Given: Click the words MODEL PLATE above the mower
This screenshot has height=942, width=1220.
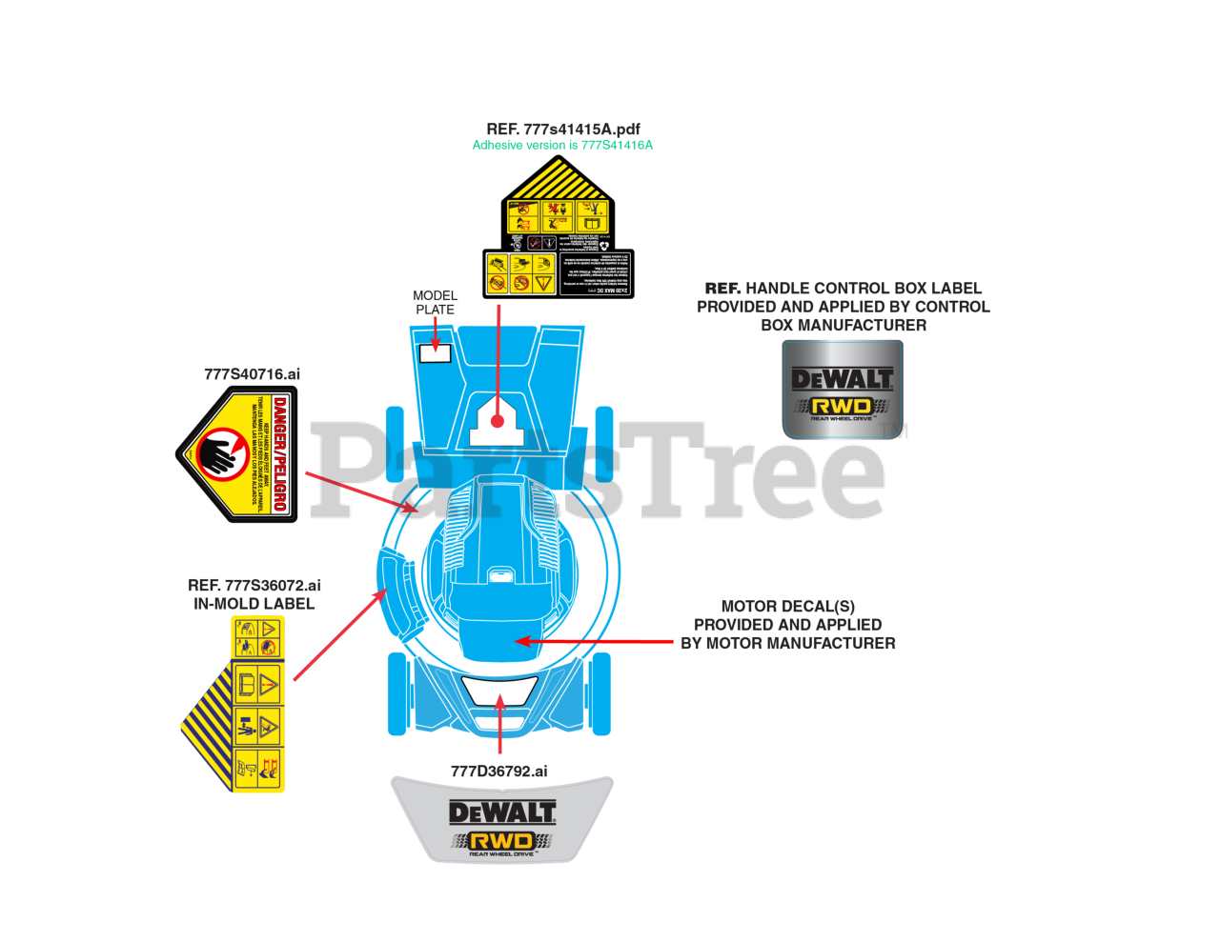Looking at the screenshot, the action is pyautogui.click(x=435, y=302).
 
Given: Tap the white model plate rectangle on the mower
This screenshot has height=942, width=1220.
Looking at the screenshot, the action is pyautogui.click(x=435, y=351).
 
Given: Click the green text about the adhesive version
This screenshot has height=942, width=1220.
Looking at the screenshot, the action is pyautogui.click(x=562, y=146).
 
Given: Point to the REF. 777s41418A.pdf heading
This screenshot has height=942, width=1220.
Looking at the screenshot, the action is pyautogui.click(x=562, y=129).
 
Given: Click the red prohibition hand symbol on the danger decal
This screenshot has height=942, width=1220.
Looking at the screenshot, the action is pyautogui.click(x=221, y=452).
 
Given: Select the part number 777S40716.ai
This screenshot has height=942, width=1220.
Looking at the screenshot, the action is pyautogui.click(x=252, y=374).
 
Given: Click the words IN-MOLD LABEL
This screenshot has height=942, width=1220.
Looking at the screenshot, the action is pyautogui.click(x=254, y=603).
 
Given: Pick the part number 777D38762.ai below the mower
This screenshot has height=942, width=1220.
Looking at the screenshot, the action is pyautogui.click(x=498, y=771).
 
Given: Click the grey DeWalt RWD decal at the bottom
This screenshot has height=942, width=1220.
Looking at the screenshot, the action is pyautogui.click(x=502, y=820).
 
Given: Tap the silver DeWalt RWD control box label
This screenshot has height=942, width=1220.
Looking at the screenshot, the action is pyautogui.click(x=843, y=389).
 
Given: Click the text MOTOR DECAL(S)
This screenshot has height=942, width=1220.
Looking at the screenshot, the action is pyautogui.click(x=787, y=606).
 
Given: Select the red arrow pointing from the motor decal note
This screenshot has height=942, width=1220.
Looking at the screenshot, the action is pyautogui.click(x=595, y=641).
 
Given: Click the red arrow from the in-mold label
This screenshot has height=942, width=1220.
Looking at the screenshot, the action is pyautogui.click(x=339, y=635).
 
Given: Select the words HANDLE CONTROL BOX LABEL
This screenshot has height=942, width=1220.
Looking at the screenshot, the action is pyautogui.click(x=864, y=288).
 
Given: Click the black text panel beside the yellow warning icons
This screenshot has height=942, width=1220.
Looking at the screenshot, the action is pyautogui.click(x=594, y=273).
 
